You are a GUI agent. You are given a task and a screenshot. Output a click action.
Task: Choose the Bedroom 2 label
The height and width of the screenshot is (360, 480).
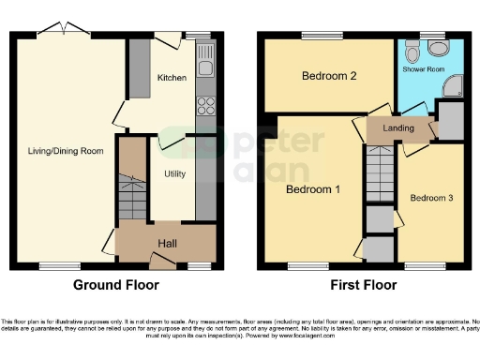point(328,77)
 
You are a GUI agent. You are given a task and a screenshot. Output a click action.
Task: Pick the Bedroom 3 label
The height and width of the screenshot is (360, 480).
point(431,198)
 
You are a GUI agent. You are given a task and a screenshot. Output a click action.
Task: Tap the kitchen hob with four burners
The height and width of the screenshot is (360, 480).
point(203,106)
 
